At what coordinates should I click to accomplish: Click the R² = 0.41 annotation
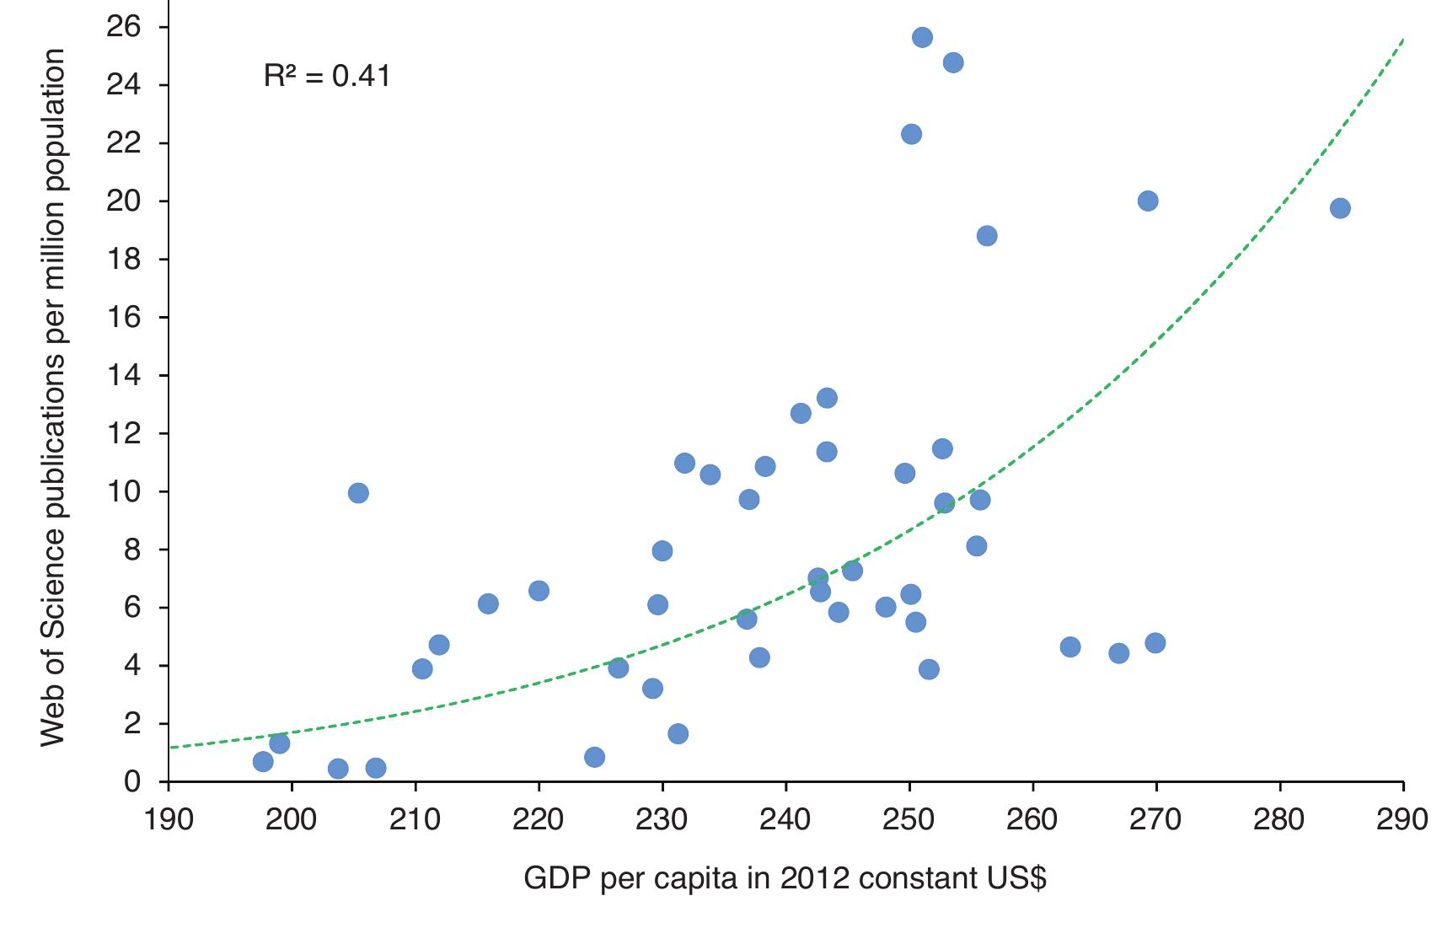(x=327, y=77)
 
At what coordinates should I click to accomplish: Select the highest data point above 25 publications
(x=922, y=37)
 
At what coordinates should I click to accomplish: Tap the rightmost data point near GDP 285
(x=1339, y=208)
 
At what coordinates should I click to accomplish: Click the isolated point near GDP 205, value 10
(x=358, y=493)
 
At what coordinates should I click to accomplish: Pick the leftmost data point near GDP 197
(x=263, y=762)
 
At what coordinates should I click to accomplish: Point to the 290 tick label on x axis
(x=1403, y=820)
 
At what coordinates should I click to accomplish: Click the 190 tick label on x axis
(x=169, y=820)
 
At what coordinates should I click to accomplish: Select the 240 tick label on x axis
(x=785, y=820)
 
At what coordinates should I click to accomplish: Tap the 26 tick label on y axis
(x=123, y=27)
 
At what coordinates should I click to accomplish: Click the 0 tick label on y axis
(x=131, y=782)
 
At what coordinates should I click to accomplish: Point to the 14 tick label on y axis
(x=123, y=375)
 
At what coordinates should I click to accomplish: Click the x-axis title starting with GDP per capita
(x=785, y=878)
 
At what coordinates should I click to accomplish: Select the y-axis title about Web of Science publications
(x=53, y=396)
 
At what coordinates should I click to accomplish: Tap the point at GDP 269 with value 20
(x=1147, y=201)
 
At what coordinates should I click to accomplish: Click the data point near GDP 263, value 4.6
(x=1070, y=646)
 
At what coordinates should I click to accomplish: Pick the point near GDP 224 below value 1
(x=594, y=757)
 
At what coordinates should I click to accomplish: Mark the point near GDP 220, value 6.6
(x=539, y=591)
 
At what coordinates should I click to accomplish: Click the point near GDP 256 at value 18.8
(x=986, y=236)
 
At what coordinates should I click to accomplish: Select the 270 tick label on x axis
(x=1156, y=820)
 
